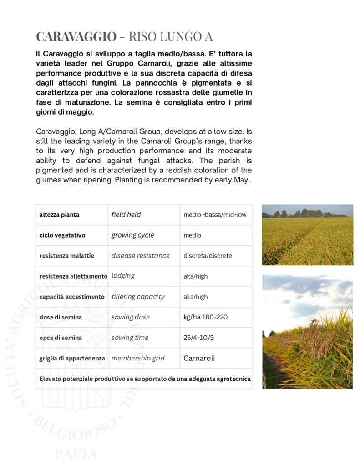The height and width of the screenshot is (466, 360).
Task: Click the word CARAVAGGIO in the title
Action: [x=76, y=36]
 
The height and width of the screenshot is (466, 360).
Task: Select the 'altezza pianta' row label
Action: [x=59, y=214]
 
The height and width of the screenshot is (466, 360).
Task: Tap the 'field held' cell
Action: [x=126, y=214]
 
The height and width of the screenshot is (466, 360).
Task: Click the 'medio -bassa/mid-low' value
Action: [x=215, y=214]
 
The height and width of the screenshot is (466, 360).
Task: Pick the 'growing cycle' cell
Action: [x=132, y=235]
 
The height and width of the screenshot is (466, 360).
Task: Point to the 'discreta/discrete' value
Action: [x=208, y=256]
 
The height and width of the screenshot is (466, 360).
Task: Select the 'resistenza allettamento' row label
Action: [x=73, y=276]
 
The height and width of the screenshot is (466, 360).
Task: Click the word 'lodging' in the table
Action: [x=123, y=276]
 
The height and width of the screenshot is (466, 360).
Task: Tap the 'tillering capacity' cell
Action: [x=138, y=297]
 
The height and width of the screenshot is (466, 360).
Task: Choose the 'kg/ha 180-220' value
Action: [x=205, y=317]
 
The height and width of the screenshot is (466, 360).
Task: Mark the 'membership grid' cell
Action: [x=138, y=358]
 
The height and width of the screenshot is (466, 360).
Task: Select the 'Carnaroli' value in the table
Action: [x=199, y=358]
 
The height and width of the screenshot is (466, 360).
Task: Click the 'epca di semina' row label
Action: [x=61, y=338]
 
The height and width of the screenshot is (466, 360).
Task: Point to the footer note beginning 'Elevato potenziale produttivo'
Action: [x=144, y=379]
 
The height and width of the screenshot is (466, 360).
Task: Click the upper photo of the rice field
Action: [x=307, y=235]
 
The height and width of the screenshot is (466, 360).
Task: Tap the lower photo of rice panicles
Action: [x=307, y=331]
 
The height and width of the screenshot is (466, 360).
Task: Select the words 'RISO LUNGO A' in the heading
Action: [x=170, y=36]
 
